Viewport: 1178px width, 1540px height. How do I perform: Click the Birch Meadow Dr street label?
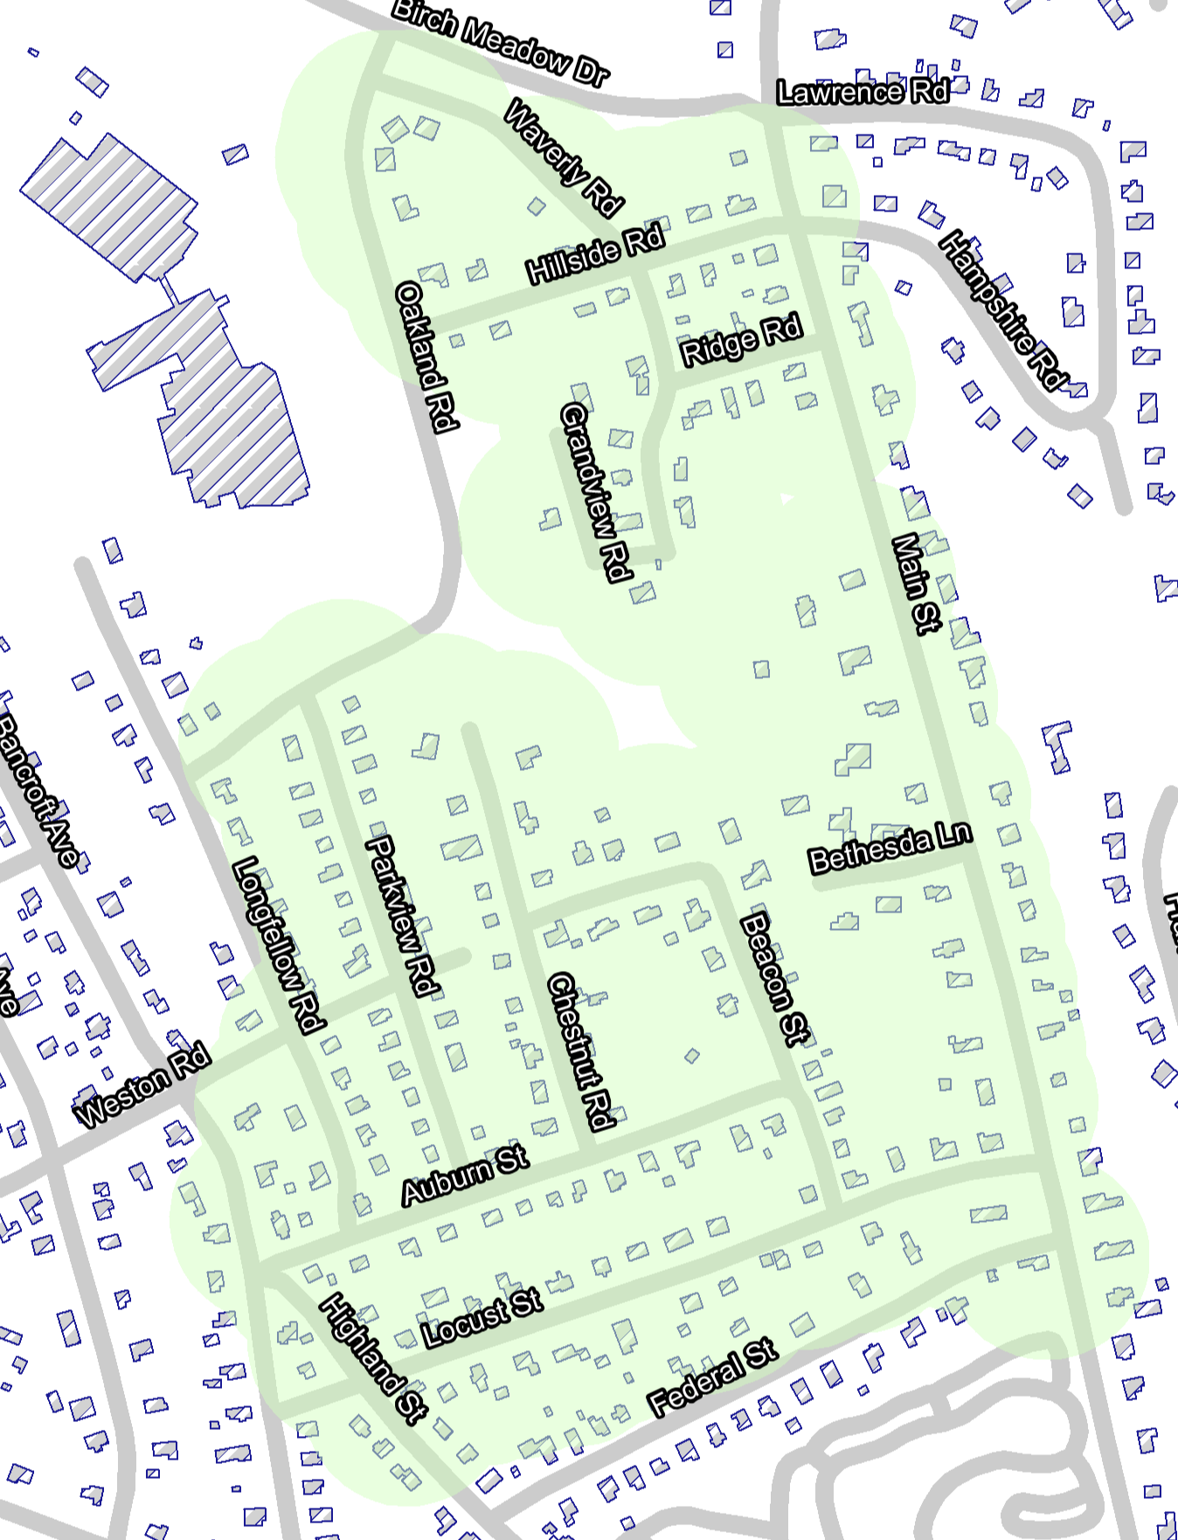click(500, 43)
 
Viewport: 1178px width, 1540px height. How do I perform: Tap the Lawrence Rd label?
click(862, 92)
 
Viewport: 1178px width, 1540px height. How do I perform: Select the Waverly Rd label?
click(565, 158)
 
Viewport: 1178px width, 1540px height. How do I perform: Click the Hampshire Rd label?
click(1003, 309)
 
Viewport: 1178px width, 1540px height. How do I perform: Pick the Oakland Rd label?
click(426, 356)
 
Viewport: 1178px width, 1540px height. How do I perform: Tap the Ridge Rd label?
click(741, 341)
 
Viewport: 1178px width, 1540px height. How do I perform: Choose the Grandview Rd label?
click(595, 492)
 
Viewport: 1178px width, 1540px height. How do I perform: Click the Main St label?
click(914, 583)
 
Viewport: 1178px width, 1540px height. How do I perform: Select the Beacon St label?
click(774, 978)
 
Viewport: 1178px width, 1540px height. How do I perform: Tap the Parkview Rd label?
click(401, 915)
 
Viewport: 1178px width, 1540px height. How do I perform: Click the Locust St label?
click(482, 1316)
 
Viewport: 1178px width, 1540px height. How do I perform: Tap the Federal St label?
click(712, 1376)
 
